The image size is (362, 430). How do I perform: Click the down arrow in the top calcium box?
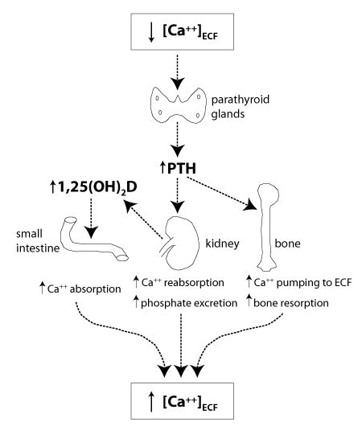150,32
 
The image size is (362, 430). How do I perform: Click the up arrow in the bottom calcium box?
150,401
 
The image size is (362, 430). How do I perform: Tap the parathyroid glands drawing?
179,105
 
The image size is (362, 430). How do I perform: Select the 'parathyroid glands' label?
241,106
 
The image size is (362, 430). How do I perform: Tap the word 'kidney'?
222,244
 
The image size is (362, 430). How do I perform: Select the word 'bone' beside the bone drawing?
288,244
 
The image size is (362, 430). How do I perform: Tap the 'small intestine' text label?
38,241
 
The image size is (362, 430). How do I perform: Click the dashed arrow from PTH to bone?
222,194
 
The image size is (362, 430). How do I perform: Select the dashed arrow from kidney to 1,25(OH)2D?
143,219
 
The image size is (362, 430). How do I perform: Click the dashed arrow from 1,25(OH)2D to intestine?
91,218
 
